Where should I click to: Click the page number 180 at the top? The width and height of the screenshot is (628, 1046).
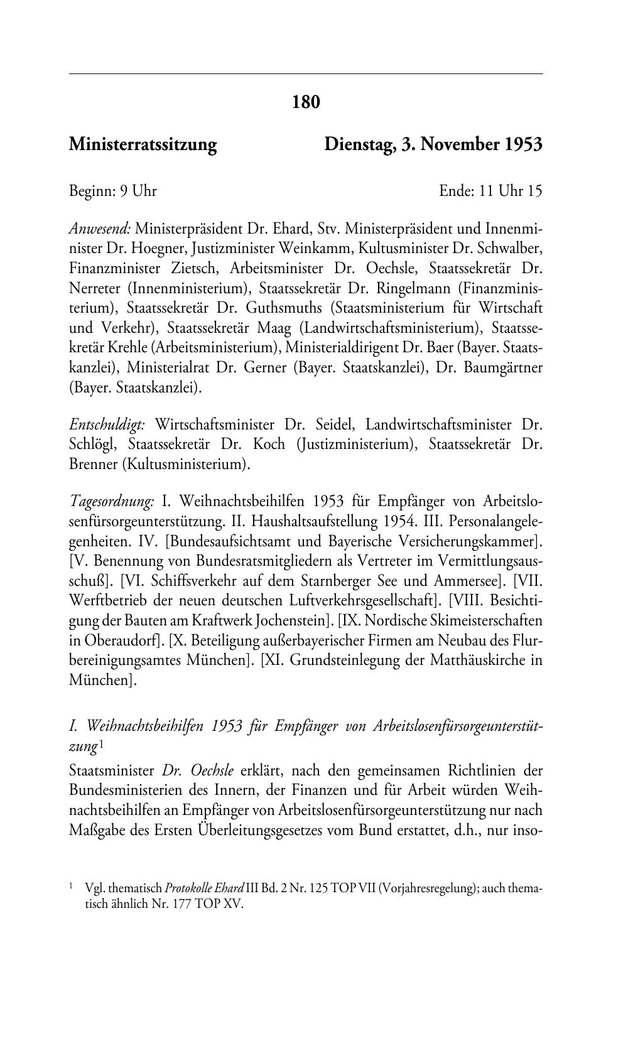pyautogui.click(x=306, y=102)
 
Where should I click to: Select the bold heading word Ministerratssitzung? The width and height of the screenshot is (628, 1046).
pyautogui.click(x=143, y=145)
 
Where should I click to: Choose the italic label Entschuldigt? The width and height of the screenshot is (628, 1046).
pyautogui.click(x=106, y=424)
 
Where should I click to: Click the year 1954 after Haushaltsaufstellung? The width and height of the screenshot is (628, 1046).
pyautogui.click(x=397, y=522)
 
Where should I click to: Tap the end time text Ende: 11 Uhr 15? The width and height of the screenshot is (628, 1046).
pyautogui.click(x=490, y=191)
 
